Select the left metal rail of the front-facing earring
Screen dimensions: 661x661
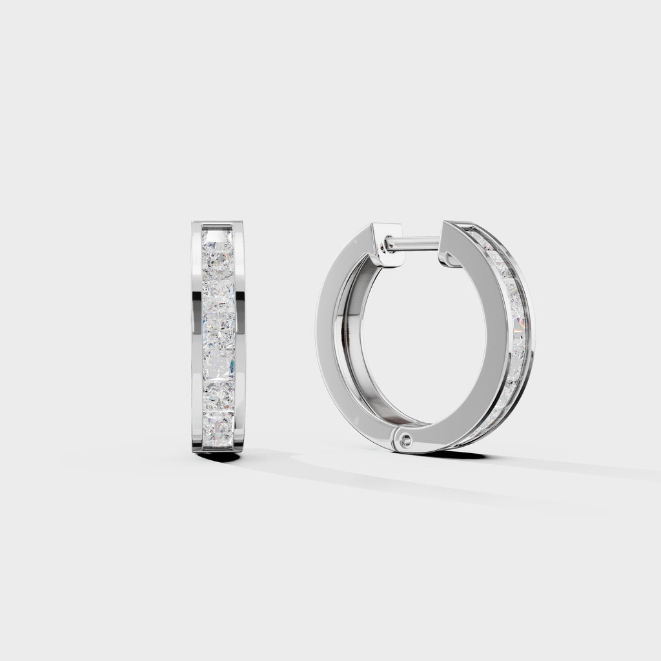tap(197, 336)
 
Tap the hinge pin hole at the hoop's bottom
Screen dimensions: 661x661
tap(405, 440)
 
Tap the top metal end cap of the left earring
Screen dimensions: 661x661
tap(218, 224)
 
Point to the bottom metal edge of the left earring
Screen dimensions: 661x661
tap(218, 448)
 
